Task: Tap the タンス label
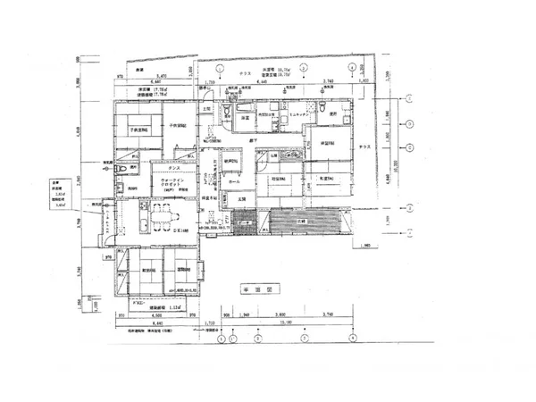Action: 175,167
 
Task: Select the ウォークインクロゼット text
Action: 172,184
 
